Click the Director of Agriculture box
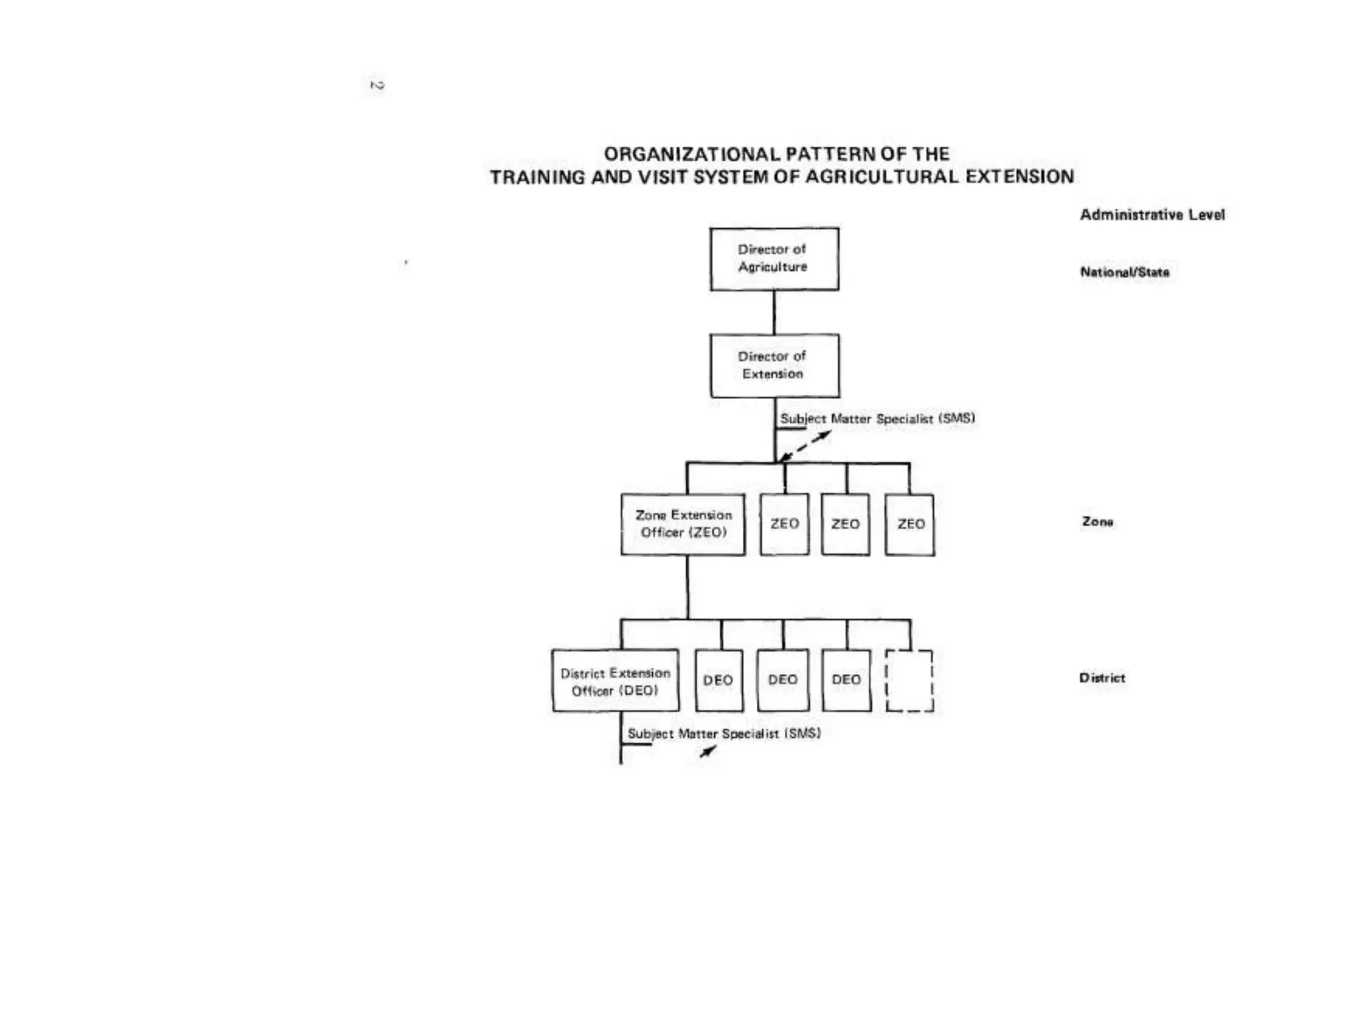[774, 259]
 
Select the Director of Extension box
[774, 366]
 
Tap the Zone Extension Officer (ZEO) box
[683, 525]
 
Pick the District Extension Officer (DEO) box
[615, 681]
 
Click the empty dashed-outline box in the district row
[909, 681]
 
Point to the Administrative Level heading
[1152, 215]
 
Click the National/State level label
[1125, 272]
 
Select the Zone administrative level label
[1097, 522]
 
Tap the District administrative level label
[1102, 678]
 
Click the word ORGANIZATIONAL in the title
[692, 154]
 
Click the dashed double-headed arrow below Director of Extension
[806, 446]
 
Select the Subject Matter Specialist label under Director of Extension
[878, 419]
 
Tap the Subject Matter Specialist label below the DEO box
[724, 733]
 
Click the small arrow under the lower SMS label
[708, 751]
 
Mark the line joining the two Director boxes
[774, 312]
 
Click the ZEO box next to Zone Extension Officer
[784, 525]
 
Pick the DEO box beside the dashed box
[846, 680]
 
